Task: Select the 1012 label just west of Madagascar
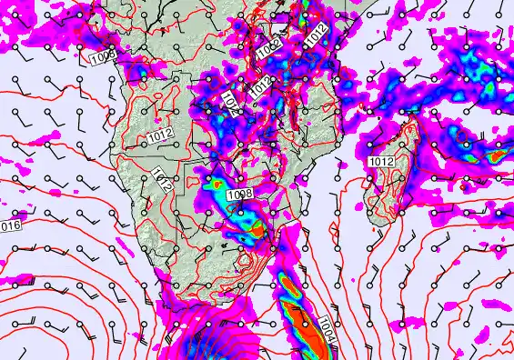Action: tap(381, 161)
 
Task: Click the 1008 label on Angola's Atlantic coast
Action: tap(104, 58)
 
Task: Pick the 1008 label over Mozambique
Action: tap(239, 194)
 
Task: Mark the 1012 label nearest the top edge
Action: tap(315, 35)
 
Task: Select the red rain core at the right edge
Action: tap(497, 155)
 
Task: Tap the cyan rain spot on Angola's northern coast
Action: tap(140, 69)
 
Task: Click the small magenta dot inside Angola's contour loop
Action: tap(157, 118)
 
